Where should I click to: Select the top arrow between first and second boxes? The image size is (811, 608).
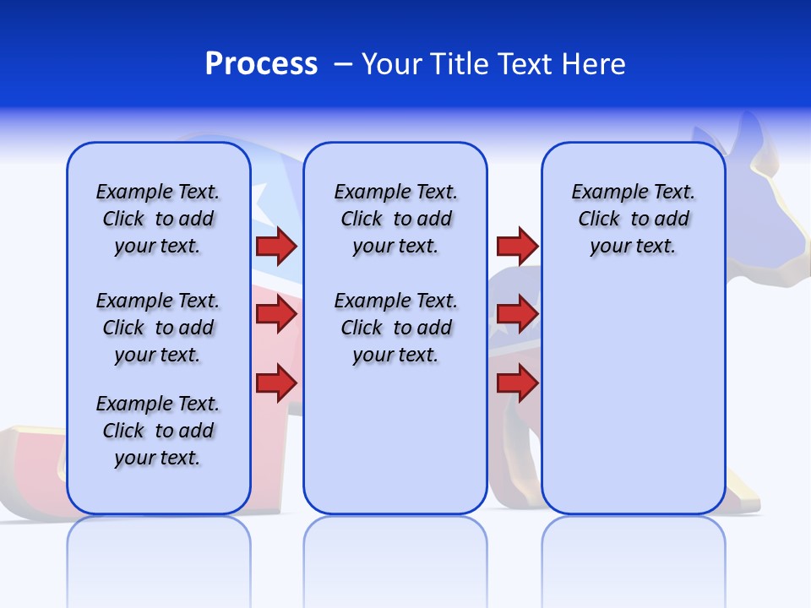[276, 246]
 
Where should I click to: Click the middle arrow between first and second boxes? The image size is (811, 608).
[276, 314]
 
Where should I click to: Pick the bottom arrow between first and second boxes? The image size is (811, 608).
[276, 383]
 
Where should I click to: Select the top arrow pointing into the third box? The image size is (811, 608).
[517, 246]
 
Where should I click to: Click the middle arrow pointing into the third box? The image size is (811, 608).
[517, 314]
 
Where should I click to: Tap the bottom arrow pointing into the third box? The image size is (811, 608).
[517, 383]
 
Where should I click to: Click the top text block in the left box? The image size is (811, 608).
[158, 219]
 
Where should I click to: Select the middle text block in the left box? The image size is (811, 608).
[158, 328]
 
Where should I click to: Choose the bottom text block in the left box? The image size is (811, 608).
[158, 431]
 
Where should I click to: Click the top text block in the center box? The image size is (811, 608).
[395, 219]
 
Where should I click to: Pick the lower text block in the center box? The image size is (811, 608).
[395, 328]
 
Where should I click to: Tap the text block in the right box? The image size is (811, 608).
[633, 219]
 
